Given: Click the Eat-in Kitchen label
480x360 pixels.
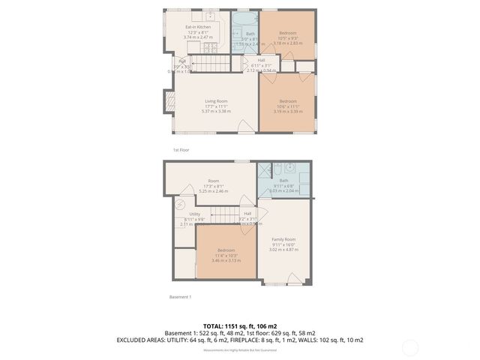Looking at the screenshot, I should click(198, 27).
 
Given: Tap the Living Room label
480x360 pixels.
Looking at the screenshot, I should click(216, 100).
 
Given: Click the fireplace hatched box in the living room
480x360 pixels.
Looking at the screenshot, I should click(167, 100).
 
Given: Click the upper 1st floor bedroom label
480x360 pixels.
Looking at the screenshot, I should click(288, 33).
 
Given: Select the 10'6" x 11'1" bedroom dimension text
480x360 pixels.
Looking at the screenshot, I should click(288, 106).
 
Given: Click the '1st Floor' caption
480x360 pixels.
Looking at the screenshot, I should click(181, 150).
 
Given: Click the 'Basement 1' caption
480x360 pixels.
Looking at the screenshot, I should click(180, 297).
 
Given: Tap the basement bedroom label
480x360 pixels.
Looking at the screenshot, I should click(226, 250).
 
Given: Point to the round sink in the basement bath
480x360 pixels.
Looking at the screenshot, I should click(277, 168).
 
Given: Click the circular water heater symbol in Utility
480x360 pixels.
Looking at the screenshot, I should click(181, 203).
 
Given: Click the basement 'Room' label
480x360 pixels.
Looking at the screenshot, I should click(214, 181).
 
